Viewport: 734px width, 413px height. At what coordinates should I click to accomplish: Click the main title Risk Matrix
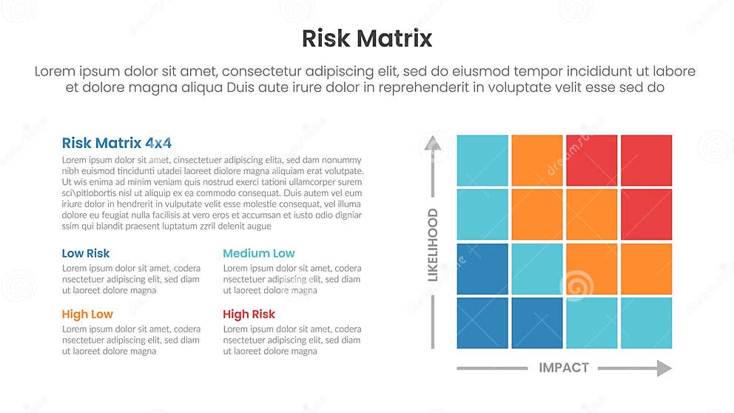point(367,38)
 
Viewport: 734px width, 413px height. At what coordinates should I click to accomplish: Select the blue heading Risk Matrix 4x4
point(117,143)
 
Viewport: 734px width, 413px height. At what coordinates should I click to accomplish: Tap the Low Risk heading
point(86,253)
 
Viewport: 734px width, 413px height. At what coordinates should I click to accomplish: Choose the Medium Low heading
point(259,253)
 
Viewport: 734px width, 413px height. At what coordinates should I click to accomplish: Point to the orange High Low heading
point(87,314)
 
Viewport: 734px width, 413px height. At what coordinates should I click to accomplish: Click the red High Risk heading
point(249,314)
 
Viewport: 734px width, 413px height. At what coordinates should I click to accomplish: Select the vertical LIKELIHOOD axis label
point(433,245)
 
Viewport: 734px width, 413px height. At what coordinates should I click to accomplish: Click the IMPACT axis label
point(564,368)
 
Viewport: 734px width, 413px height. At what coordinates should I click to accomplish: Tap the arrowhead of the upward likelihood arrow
point(433,142)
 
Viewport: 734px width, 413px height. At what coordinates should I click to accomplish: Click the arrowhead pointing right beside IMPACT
point(664,368)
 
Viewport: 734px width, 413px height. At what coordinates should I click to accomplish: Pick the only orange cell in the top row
point(537,160)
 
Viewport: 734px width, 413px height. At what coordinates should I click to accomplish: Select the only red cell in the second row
point(646,215)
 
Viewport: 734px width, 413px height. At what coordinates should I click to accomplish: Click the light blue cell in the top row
point(482,160)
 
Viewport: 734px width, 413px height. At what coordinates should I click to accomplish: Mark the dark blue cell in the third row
point(482,269)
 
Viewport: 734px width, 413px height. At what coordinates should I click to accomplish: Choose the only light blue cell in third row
point(537,269)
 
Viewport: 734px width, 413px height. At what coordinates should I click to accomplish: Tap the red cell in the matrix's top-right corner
point(646,160)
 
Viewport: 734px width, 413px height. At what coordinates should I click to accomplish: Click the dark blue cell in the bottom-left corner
point(482,323)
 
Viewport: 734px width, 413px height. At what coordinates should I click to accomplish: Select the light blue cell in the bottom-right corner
point(646,323)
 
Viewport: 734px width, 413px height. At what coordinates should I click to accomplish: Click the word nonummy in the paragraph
point(343,160)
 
